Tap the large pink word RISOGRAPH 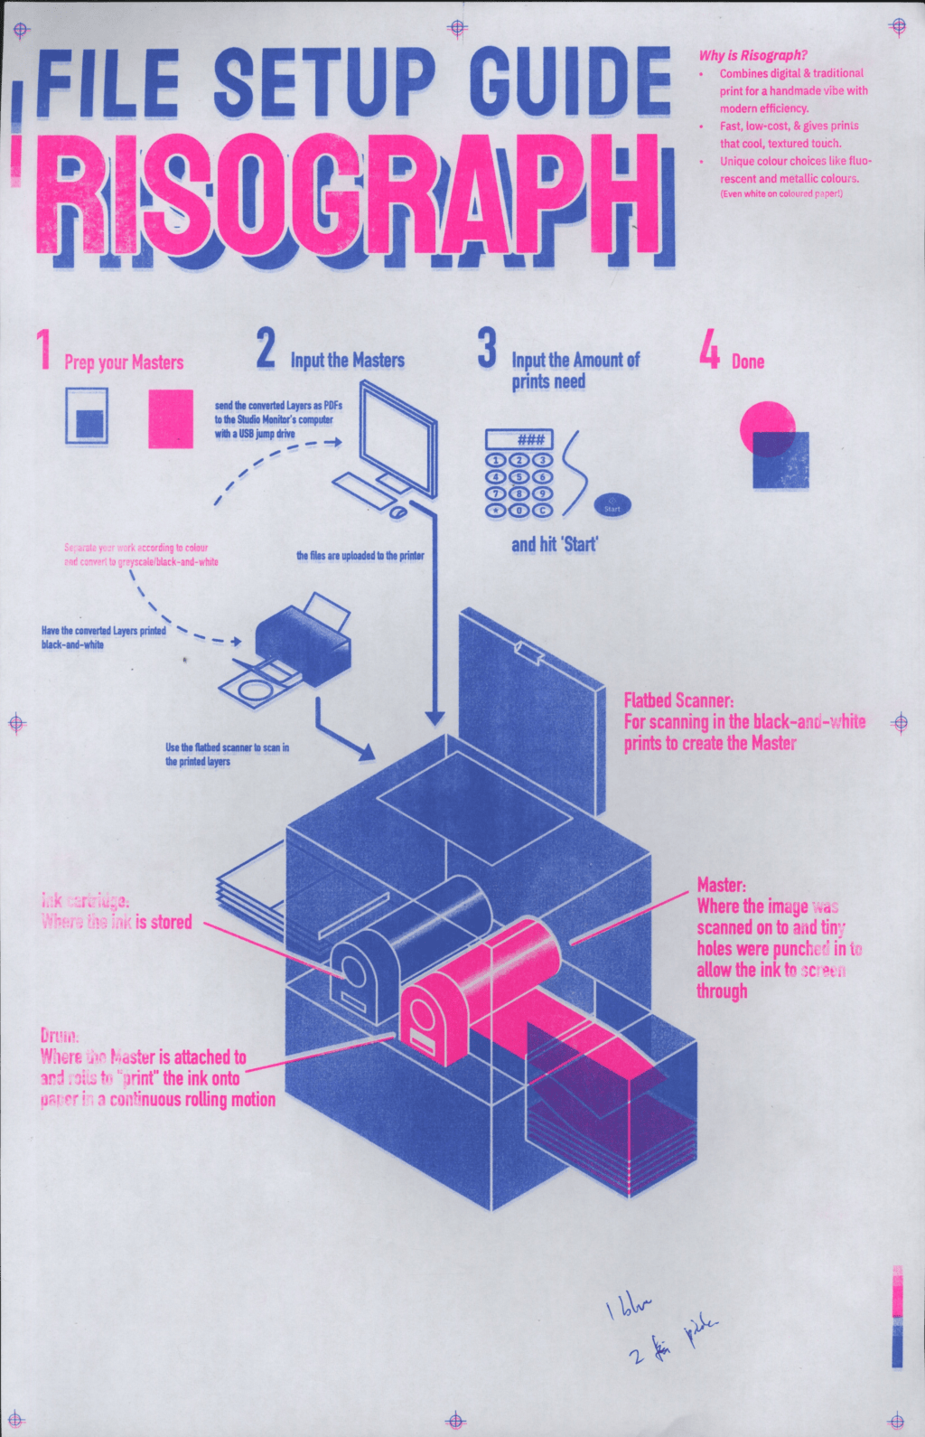click(x=348, y=194)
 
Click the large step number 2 click(x=265, y=349)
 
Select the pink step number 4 click(x=710, y=349)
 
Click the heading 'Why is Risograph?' click(x=752, y=55)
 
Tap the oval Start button click(x=612, y=506)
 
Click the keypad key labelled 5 click(x=519, y=477)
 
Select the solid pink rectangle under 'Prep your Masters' click(x=171, y=418)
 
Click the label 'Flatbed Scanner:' click(x=678, y=700)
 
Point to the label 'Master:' click(x=721, y=885)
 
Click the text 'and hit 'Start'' click(x=555, y=544)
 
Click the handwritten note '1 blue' click(x=629, y=1306)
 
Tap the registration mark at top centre click(x=457, y=28)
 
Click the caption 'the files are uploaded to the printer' click(x=360, y=556)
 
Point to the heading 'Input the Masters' click(x=348, y=361)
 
